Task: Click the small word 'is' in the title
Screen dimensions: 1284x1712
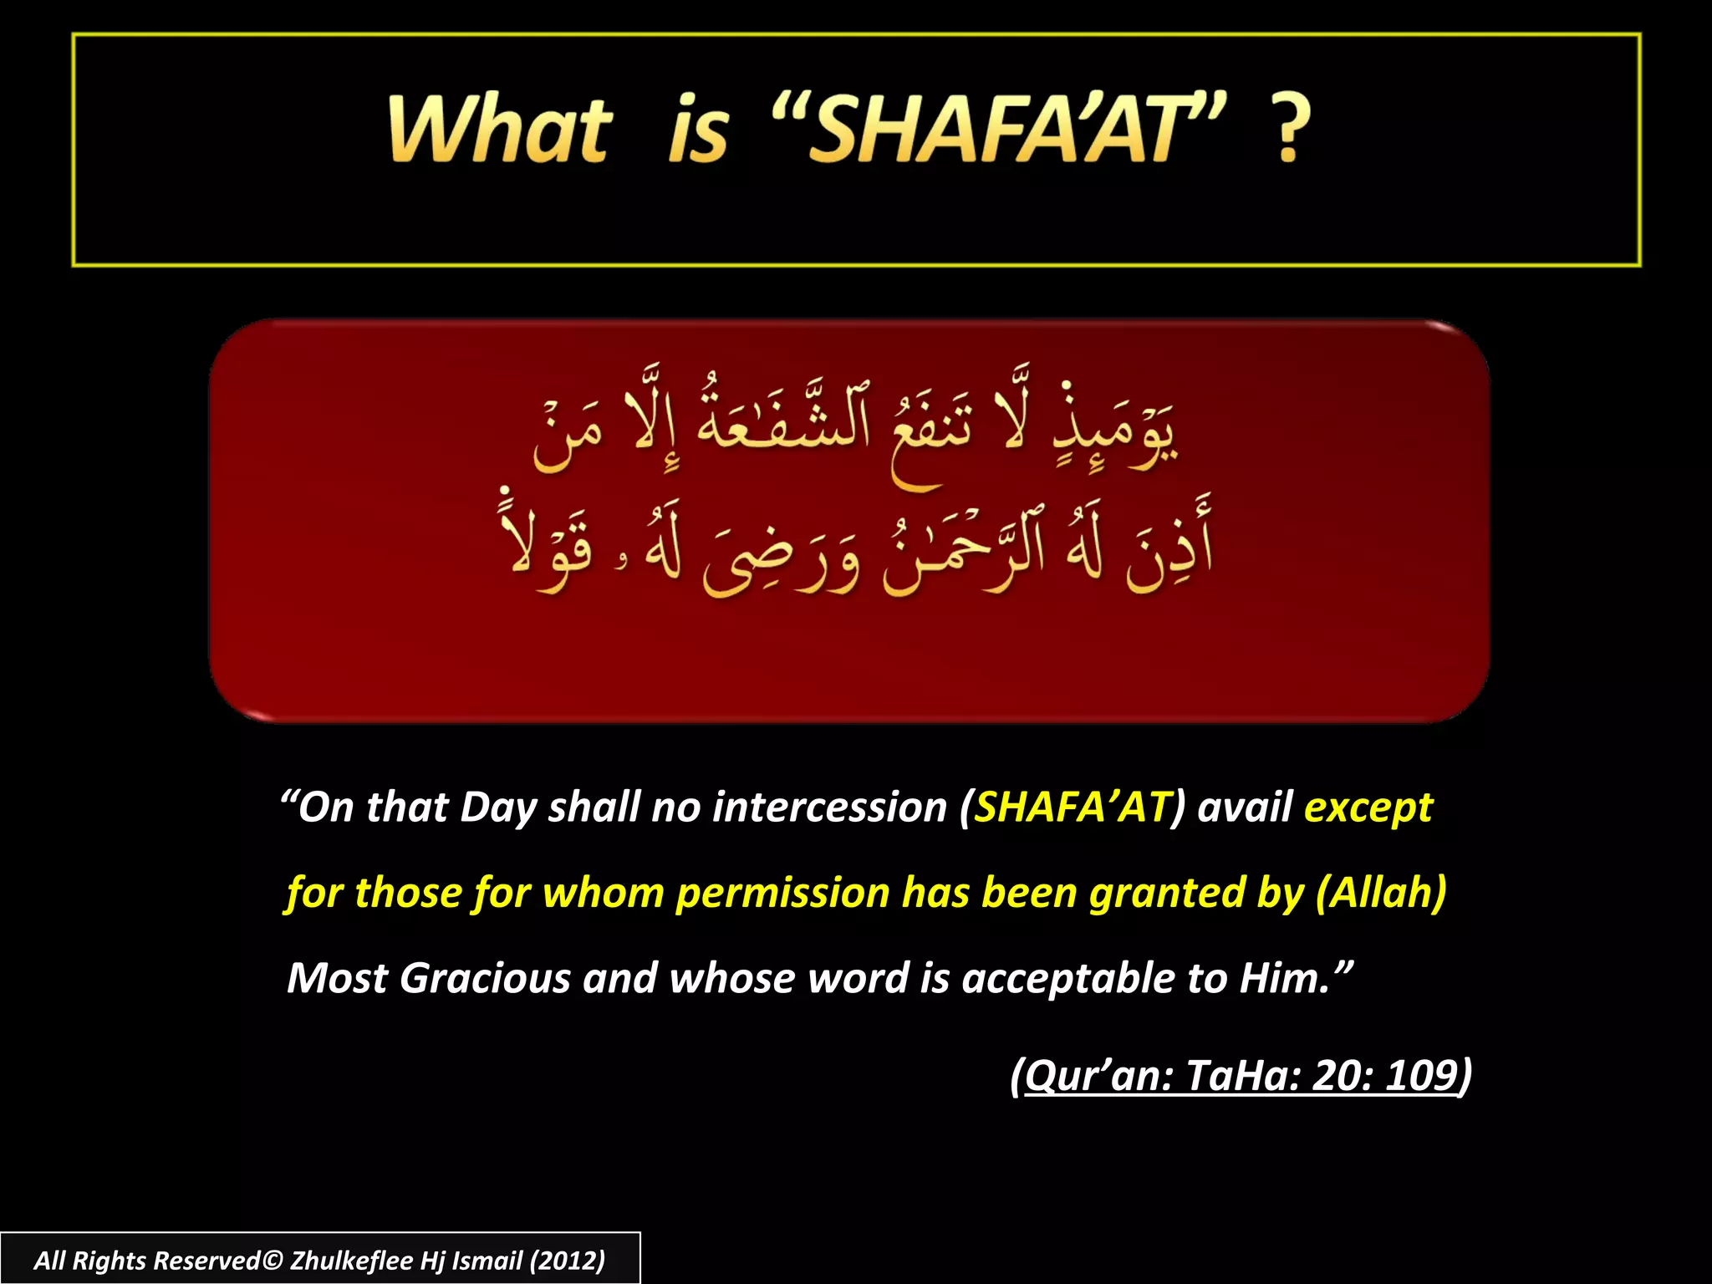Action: tap(698, 130)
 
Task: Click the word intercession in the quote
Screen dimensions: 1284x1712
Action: tap(830, 808)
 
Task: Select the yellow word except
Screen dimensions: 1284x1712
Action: tap(1368, 808)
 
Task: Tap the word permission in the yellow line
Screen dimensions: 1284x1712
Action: tap(782, 893)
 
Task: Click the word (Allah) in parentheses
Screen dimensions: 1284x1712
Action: tap(1381, 893)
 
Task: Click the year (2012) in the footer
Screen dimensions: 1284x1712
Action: tap(567, 1261)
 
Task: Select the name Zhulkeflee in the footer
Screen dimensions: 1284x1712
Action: tap(351, 1261)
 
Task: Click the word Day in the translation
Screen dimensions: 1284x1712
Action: tap(497, 808)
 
